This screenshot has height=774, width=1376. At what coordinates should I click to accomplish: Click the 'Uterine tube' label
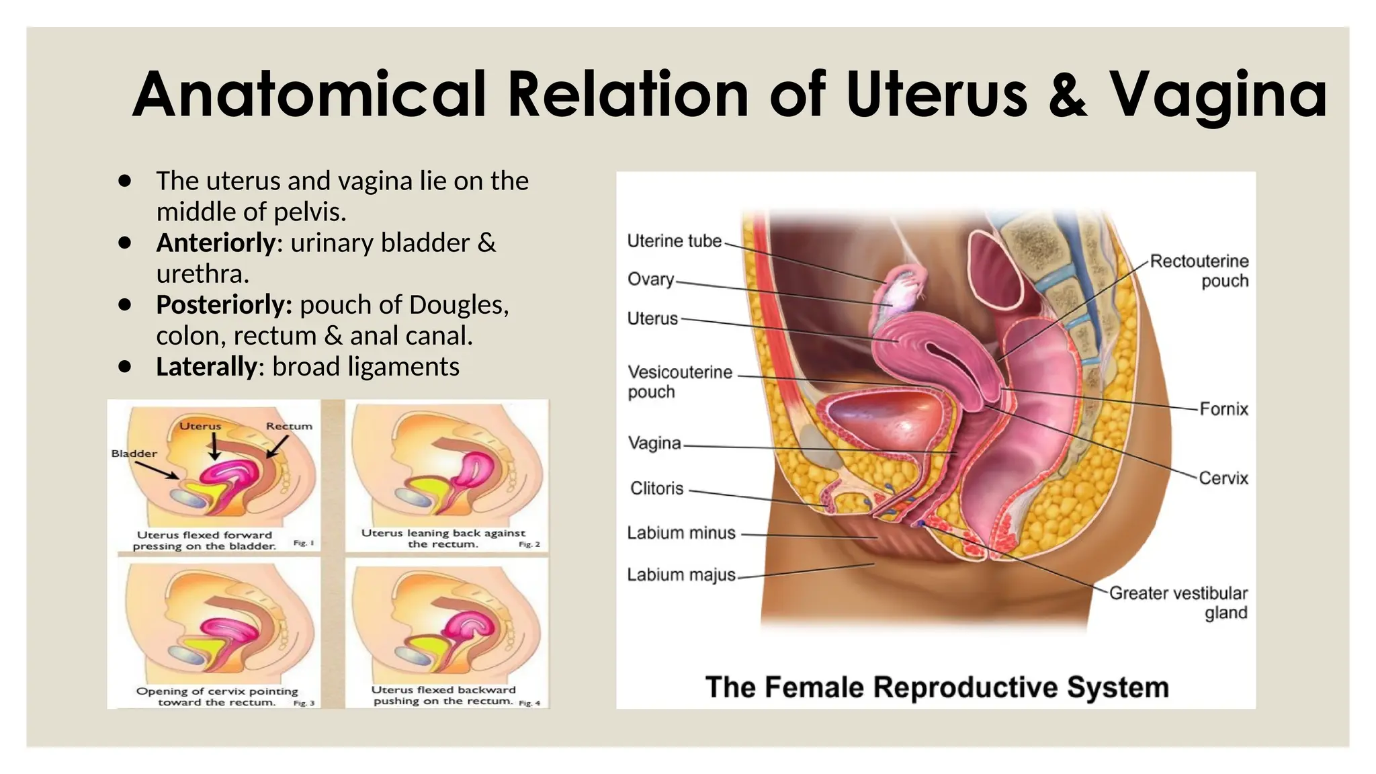pyautogui.click(x=674, y=241)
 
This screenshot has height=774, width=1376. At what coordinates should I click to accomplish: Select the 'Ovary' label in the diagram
pyautogui.click(x=650, y=279)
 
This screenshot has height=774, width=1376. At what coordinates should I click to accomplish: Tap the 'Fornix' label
pyautogui.click(x=1224, y=408)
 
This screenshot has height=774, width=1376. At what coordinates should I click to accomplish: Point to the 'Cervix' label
pyautogui.click(x=1223, y=478)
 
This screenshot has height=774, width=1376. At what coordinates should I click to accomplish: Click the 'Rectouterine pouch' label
pyautogui.click(x=1199, y=271)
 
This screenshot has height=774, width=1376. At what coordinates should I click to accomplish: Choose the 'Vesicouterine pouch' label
pyautogui.click(x=680, y=382)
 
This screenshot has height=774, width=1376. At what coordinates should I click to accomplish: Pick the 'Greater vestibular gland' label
pyautogui.click(x=1178, y=603)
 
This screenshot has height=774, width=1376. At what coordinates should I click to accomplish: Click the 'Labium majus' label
pyautogui.click(x=681, y=575)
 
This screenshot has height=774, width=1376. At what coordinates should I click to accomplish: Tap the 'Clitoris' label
pyautogui.click(x=656, y=488)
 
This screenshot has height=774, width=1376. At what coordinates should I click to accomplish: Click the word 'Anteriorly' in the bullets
pyautogui.click(x=216, y=243)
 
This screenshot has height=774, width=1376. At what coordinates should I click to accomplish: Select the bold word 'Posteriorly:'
pyautogui.click(x=224, y=305)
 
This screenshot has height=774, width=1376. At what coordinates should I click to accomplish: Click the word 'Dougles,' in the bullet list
pyautogui.click(x=458, y=305)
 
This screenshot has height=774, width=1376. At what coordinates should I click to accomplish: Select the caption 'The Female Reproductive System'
pyautogui.click(x=937, y=687)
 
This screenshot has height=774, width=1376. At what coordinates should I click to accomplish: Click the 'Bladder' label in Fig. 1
pyautogui.click(x=134, y=454)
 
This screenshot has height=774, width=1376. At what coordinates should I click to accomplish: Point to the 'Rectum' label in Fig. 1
pyautogui.click(x=289, y=426)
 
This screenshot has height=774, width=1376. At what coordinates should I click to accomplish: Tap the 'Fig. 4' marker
pyautogui.click(x=529, y=703)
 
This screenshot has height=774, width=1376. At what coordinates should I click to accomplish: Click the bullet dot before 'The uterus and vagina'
pyautogui.click(x=124, y=181)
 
